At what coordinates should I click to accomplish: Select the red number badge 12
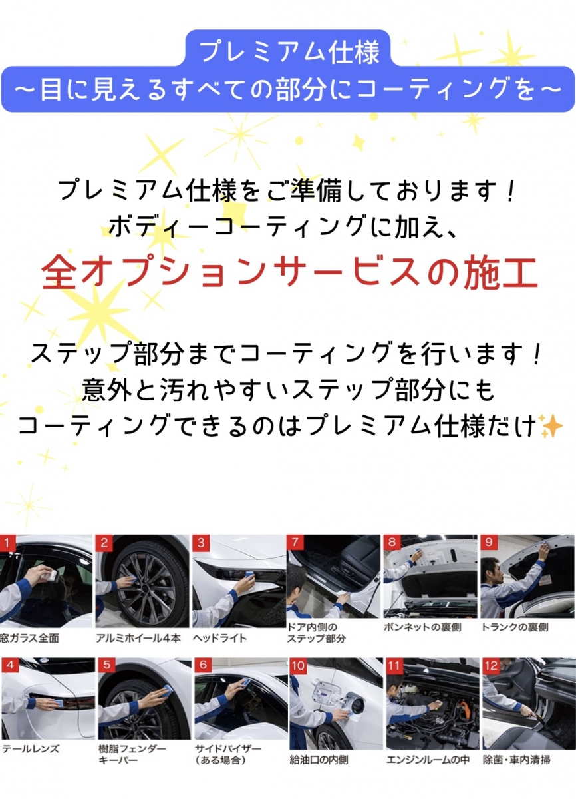coord(492,666)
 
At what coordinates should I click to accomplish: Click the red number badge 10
coord(298,666)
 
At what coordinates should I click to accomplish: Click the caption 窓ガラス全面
coord(29,638)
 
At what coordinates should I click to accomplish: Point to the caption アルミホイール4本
coord(138,638)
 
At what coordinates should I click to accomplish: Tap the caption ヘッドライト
coord(219,638)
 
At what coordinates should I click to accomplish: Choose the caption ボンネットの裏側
coord(422,627)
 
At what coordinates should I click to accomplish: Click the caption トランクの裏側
coord(515,627)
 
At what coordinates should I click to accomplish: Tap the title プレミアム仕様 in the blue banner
coord(289,53)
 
